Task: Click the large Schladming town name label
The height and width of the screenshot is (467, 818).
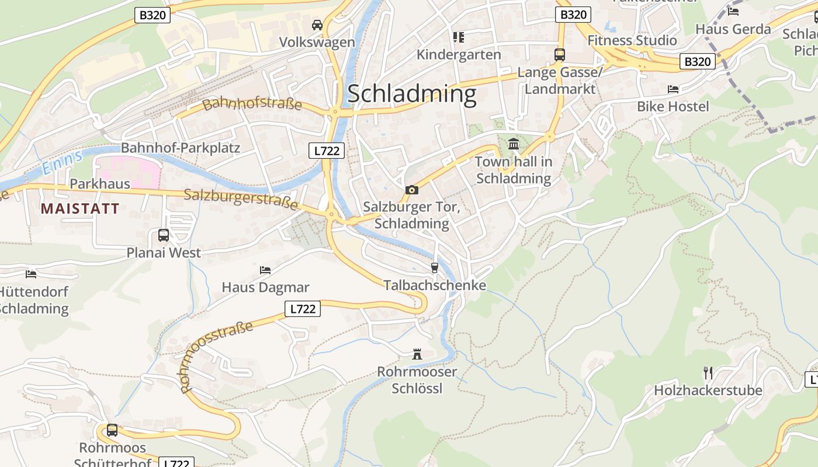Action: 412,94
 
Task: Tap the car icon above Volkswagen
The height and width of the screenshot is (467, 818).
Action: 317,25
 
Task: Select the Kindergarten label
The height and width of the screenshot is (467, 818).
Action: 459,54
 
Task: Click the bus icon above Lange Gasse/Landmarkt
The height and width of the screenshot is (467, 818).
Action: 560,55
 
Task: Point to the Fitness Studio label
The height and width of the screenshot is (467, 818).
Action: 632,40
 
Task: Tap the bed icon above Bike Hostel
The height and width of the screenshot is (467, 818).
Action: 673,89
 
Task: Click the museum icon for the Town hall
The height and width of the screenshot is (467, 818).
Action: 514,144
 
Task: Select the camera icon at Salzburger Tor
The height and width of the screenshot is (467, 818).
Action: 412,190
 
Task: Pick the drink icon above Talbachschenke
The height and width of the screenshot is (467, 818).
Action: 434,268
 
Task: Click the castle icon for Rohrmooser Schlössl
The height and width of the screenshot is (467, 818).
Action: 417,354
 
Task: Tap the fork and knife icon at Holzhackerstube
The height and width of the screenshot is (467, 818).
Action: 708,372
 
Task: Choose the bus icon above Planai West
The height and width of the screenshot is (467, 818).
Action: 164,235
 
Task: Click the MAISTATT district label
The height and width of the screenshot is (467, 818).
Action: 80,208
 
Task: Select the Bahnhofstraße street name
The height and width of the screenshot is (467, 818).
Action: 252,104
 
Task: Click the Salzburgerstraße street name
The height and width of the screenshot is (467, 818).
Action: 241,198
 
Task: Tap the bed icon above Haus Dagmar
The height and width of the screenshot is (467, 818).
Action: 265,270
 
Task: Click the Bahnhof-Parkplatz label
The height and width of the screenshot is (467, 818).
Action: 181,147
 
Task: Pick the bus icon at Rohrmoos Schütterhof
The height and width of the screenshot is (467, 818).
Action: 112,430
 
